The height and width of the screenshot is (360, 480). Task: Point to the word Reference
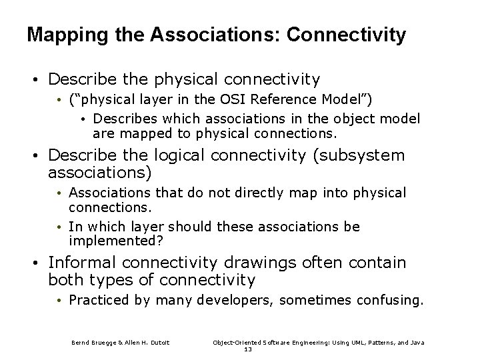coord(269,100)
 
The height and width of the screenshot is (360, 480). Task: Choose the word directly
coord(251,193)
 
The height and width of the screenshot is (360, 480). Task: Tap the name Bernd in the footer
coord(81,343)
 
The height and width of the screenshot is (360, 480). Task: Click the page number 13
coord(249,349)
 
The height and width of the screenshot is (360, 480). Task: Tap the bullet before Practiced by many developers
coord(60,301)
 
